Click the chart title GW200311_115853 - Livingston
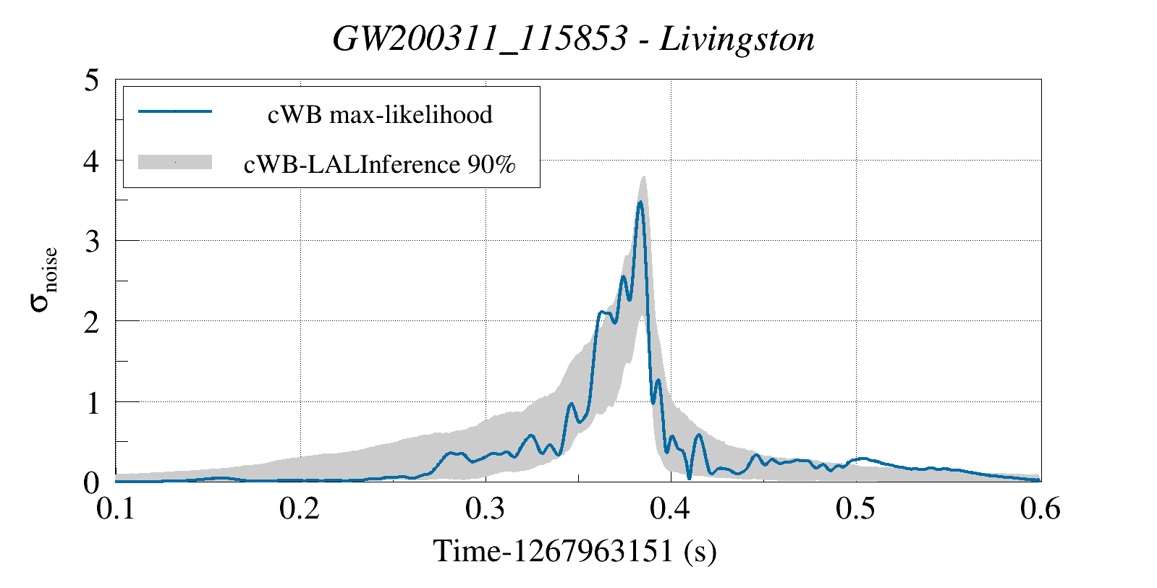tap(573, 39)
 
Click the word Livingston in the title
tap(737, 39)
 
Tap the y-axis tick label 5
tap(91, 80)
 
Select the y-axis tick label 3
tap(91, 242)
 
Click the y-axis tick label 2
tap(91, 322)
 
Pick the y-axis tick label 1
tap(91, 403)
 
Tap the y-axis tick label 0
tap(91, 482)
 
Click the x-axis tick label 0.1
tap(116, 508)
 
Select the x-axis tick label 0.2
tap(300, 508)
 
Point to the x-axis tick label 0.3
tap(486, 508)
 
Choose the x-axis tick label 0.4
tap(671, 508)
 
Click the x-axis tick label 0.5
tap(855, 508)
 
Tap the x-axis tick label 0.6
tap(1041, 508)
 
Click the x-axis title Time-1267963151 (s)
tap(575, 551)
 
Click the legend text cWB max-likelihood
tap(380, 114)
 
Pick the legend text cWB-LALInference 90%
tap(380, 164)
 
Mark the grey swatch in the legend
tap(174, 162)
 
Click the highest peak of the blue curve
tap(640, 203)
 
